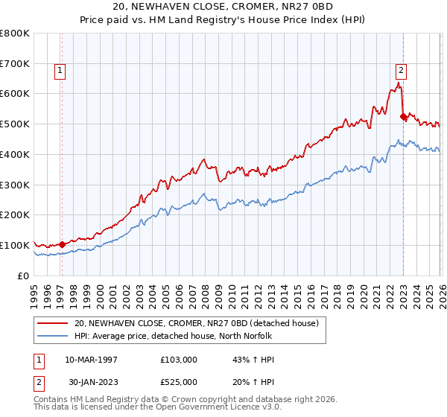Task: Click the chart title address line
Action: (223, 7)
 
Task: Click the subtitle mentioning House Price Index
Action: (223, 20)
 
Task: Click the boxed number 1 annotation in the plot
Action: (60, 71)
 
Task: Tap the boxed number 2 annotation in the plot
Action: (401, 71)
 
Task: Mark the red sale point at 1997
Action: (63, 243)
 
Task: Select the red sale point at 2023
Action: (403, 116)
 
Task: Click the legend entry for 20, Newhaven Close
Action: (197, 322)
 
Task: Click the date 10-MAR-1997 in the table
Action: (91, 360)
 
